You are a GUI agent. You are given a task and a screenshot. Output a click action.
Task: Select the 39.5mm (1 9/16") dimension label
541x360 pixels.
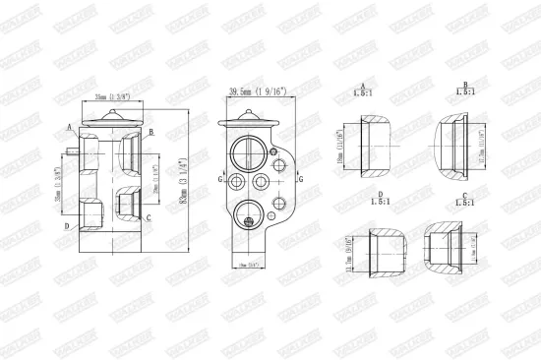click(257, 90)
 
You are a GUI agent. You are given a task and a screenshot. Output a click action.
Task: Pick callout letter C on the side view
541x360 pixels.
click(148, 216)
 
